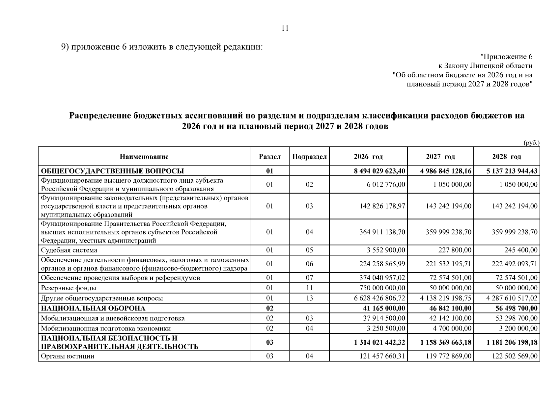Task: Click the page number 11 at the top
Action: [285, 28]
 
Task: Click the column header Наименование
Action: [144, 157]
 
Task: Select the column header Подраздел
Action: [309, 157]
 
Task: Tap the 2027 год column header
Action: [440, 157]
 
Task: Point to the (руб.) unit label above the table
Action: [531, 143]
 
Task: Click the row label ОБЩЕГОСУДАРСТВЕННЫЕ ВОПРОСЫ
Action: [112, 171]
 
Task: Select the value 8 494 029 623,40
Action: [380, 171]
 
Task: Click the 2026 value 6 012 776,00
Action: [386, 184]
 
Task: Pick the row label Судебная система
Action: [69, 250]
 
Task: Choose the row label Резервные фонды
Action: [69, 288]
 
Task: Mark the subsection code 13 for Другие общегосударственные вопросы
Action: [309, 298]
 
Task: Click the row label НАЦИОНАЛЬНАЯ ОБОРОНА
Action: [93, 308]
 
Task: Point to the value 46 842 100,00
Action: [449, 308]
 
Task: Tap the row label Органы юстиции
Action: [68, 356]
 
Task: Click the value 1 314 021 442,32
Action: [380, 342]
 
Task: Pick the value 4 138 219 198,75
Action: [446, 298]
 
